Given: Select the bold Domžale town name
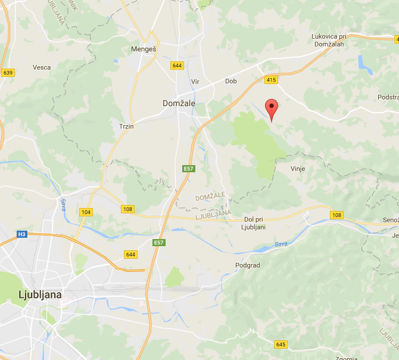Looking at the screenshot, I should tap(179, 103).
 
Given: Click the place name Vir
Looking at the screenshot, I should tap(195, 82).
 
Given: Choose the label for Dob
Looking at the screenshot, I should tap(231, 81).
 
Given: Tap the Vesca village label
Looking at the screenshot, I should tap(42, 67).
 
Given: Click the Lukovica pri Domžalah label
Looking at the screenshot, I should tap(333, 40).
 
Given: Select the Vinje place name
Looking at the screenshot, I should tap(298, 169).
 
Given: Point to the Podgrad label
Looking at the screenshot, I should tap(248, 265).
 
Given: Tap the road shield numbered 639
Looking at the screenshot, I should tap(8, 73).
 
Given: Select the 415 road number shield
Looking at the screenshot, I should tap(271, 80).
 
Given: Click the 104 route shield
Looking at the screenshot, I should tap(86, 212).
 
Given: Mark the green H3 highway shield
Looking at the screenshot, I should tap(22, 234).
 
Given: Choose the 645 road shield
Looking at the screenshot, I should tap(280, 345).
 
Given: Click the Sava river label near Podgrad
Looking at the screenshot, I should tap(281, 244).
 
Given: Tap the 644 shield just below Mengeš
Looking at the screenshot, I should tap(176, 66).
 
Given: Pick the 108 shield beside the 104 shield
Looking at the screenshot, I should tap(127, 209).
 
